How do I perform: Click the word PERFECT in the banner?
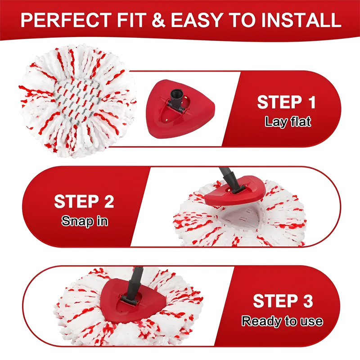coord(66,20)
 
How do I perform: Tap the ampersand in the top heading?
coord(158,20)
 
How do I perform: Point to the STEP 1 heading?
coord(286,102)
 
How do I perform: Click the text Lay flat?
coord(288,121)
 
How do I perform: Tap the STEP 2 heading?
coord(84,201)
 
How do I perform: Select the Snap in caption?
coord(85,221)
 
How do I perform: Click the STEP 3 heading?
coord(283,301)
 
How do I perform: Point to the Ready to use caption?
coord(282,321)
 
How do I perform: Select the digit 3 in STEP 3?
coord(308,301)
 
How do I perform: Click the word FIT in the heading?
coord(132,20)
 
